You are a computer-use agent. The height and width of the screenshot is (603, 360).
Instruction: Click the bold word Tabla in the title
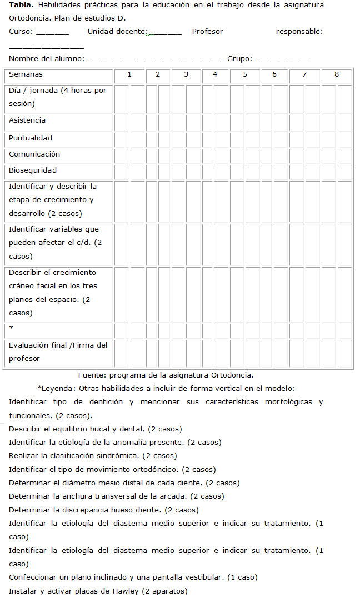[x=20, y=5]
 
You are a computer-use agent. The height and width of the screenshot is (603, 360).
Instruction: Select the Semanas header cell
[x=26, y=74]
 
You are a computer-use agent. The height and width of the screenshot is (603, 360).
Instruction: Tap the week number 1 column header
[x=129, y=74]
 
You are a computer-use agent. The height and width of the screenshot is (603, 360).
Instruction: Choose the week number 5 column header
[x=245, y=74]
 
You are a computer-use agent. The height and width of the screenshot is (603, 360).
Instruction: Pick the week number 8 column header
[x=337, y=74]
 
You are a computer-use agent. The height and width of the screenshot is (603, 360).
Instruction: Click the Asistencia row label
[x=27, y=120]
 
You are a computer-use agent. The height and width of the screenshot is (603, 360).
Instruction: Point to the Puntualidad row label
[x=31, y=138]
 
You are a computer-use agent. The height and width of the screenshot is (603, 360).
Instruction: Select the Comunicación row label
[x=34, y=154]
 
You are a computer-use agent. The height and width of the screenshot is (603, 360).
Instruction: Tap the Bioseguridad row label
[x=33, y=170]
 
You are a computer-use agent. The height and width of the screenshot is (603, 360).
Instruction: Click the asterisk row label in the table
[x=11, y=329]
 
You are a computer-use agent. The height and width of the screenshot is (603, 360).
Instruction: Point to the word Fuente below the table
[x=91, y=375]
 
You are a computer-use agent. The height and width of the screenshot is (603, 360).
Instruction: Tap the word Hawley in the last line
[x=121, y=591]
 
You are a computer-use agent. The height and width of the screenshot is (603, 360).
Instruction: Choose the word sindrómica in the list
[x=118, y=456]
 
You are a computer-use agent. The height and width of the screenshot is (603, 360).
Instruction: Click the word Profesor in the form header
[x=207, y=32]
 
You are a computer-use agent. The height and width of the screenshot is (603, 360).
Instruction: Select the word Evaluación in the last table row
[x=29, y=345]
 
